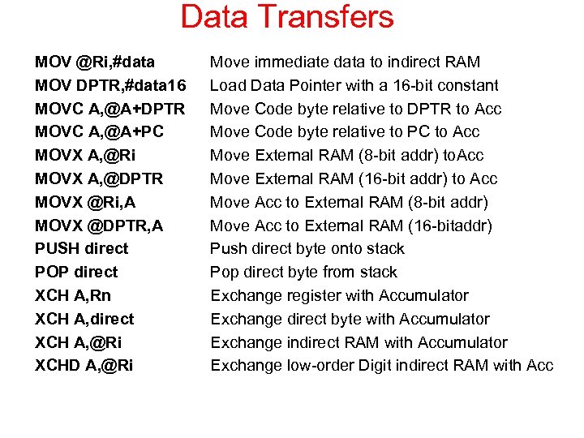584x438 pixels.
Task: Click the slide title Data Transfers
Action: point(287,17)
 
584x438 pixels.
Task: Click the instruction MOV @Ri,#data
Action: point(95,62)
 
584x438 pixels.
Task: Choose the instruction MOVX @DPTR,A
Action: point(99,225)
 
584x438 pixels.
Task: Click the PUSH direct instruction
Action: point(82,248)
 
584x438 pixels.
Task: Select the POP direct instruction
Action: point(76,272)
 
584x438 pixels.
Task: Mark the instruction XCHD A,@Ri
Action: point(84,365)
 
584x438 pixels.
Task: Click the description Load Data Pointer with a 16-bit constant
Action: point(354,85)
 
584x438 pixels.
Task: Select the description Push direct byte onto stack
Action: point(307,248)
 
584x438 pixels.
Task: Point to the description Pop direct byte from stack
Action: point(304,272)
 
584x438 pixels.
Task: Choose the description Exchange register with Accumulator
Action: point(340,295)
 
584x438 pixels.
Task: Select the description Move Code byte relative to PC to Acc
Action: point(345,131)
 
